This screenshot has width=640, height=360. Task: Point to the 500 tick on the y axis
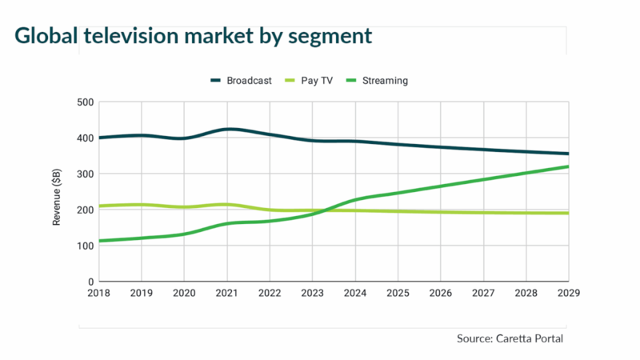click(85, 102)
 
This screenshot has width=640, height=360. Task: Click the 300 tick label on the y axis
click(85, 174)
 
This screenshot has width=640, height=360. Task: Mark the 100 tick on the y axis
click(85, 246)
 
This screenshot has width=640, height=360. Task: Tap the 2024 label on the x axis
click(354, 294)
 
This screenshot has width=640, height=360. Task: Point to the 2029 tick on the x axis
click(567, 294)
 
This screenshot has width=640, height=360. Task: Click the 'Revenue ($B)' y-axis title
click(57, 192)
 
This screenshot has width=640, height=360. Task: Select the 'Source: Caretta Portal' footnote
click(511, 338)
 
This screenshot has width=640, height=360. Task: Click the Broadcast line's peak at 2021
click(228, 129)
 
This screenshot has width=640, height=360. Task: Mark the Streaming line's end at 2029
click(567, 166)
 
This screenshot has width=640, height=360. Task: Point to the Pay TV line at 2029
click(567, 214)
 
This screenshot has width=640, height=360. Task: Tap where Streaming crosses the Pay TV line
click(322, 210)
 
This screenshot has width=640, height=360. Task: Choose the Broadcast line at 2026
click(439, 147)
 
